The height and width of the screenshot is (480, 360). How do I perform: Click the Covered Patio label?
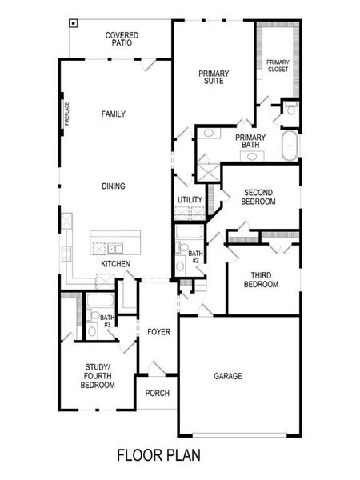(x=122, y=39)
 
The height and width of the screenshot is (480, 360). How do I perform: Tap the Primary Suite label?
(x=214, y=78)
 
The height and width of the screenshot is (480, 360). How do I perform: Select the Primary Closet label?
(x=278, y=65)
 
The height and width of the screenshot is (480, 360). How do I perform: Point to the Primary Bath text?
(x=250, y=141)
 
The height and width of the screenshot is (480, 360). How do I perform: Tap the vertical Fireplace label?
(x=68, y=115)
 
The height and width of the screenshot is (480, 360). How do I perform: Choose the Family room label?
(x=113, y=114)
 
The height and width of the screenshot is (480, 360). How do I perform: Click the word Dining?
(x=113, y=186)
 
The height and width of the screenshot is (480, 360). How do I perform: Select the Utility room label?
(x=190, y=200)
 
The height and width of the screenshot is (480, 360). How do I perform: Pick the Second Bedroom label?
(x=259, y=197)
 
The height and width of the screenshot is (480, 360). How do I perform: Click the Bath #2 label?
(x=194, y=256)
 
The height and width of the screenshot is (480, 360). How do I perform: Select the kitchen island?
(x=115, y=240)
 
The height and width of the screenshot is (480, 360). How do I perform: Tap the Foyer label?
(x=158, y=331)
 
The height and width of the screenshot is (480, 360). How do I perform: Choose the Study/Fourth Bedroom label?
(x=98, y=375)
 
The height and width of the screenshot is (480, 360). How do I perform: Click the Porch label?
(x=157, y=393)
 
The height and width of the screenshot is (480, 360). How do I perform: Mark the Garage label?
(x=227, y=375)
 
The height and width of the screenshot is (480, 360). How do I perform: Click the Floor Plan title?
(x=158, y=456)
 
